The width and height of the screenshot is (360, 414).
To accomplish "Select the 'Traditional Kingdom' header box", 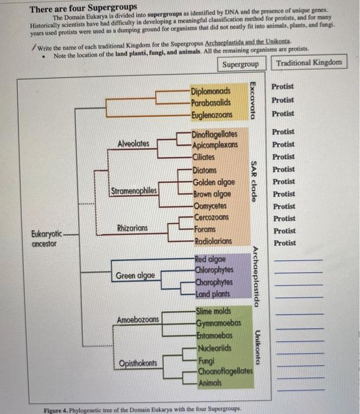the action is pyautogui.click(x=308, y=63).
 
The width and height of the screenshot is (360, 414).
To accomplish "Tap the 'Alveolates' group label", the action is pyautogui.click(x=134, y=144).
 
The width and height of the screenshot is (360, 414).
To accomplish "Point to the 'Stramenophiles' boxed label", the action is pyautogui.click(x=134, y=190).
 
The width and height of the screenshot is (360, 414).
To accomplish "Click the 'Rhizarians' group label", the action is pyautogui.click(x=133, y=228).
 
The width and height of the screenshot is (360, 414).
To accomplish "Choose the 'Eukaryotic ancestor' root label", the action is pyautogui.click(x=47, y=238).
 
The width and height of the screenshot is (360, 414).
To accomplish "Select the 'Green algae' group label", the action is pyautogui.click(x=136, y=276).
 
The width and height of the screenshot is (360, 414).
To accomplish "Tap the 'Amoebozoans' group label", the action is pyautogui.click(x=138, y=319).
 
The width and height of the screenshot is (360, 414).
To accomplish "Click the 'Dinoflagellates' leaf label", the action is pyautogui.click(x=214, y=135).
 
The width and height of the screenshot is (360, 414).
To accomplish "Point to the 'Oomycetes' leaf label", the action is pyautogui.click(x=210, y=206).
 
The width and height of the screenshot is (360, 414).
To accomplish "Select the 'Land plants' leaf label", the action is pyautogui.click(x=213, y=294).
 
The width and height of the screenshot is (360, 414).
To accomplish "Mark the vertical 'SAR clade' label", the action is pyautogui.click(x=253, y=182).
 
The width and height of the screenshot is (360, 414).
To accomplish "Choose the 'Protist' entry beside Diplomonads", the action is pyautogui.click(x=282, y=87).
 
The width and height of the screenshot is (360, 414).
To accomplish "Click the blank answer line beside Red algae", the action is pyautogui.click(x=299, y=260).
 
